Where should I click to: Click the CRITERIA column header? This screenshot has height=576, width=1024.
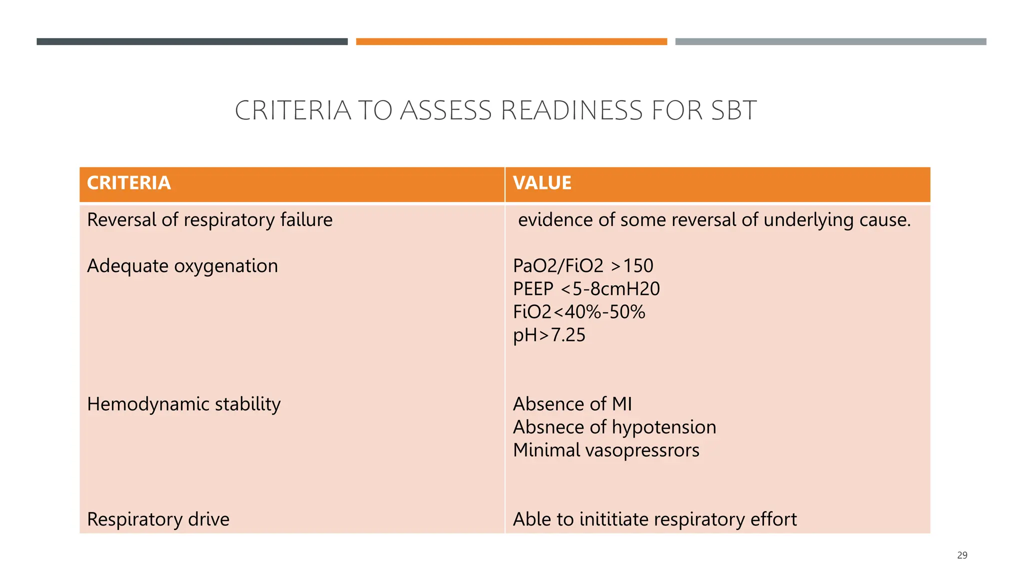129,183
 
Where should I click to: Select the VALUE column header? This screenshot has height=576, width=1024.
542,183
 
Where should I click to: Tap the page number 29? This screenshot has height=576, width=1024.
962,555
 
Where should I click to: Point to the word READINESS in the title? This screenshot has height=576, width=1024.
571,110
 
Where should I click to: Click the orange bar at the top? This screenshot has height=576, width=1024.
511,41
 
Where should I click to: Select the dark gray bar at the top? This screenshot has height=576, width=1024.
192,41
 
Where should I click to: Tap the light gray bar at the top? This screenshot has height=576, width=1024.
830,41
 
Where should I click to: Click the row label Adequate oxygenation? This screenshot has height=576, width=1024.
182,266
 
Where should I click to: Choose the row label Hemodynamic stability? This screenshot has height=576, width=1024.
183,404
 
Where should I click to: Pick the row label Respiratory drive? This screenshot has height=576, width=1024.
158,519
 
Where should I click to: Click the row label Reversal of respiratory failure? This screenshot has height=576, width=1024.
209,220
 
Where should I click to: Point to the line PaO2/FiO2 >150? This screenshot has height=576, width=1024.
583,266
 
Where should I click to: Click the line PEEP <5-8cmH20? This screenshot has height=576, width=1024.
586,289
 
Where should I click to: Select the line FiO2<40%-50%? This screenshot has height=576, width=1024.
579,312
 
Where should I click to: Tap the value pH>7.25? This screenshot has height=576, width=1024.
549,335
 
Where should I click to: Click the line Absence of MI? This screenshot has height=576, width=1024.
572,404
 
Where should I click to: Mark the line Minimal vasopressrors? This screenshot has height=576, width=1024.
606,450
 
